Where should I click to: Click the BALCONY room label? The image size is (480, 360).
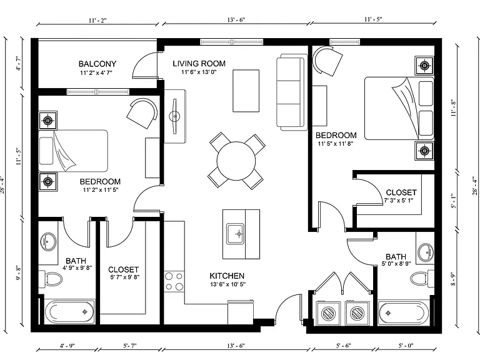97,64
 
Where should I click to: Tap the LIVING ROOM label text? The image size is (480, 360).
199,64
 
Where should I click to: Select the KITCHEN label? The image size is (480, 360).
227,276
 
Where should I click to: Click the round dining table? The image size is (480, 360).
236,161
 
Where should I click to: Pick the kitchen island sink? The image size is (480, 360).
236,234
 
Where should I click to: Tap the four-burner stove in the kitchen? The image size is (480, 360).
174,281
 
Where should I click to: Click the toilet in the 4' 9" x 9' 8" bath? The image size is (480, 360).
51,279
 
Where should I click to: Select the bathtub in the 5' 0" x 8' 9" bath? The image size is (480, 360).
402,313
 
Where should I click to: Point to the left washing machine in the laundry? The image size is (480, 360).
329,313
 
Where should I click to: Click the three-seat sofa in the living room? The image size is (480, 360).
292,92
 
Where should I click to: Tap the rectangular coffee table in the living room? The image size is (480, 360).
246,91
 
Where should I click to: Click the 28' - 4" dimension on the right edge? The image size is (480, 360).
475,185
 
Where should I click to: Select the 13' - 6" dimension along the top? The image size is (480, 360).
236,20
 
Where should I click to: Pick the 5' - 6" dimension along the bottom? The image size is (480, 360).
343,346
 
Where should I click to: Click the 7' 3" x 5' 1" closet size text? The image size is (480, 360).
399,201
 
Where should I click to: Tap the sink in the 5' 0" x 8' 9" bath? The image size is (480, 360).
426,252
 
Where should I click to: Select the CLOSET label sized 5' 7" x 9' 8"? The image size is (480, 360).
123,270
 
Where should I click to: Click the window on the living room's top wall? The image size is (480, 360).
232,42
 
